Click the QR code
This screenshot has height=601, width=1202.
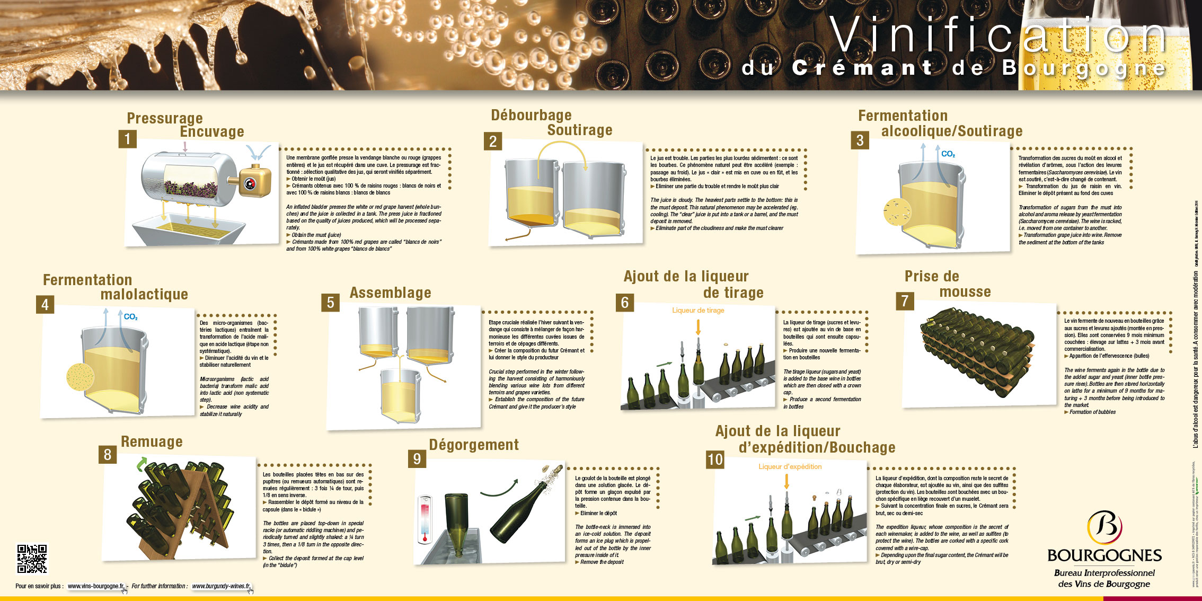tap(32, 559)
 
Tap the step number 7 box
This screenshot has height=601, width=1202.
tap(905, 301)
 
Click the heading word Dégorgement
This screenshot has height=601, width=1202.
tap(474, 445)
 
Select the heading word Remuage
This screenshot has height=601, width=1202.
tap(152, 441)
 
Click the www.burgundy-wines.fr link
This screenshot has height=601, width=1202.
tap(220, 586)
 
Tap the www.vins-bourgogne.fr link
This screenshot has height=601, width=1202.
tap(96, 586)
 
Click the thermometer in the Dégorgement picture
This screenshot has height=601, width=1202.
tap(425, 519)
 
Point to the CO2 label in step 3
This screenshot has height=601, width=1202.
tap(948, 154)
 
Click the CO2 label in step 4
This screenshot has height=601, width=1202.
tap(130, 317)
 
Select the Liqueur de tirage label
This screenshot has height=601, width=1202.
tap(698, 311)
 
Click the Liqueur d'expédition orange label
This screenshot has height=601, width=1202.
tap(790, 467)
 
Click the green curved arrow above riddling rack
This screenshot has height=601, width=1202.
tap(142, 465)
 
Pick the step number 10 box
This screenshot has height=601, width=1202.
tap(715, 459)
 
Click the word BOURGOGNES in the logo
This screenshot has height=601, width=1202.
tap(1104, 555)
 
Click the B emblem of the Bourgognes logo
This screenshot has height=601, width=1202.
tap(1104, 527)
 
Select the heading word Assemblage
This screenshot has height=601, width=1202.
tap(390, 293)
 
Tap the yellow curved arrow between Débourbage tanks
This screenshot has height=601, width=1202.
tap(562, 151)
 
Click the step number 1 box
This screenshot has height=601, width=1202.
tap(127, 139)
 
